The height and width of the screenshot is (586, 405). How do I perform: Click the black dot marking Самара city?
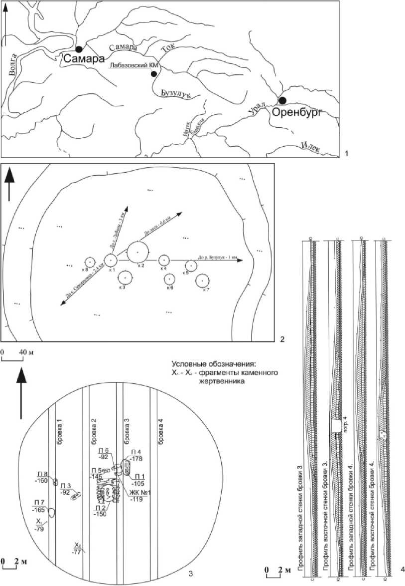(79, 49)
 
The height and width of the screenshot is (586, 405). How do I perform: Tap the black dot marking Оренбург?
(282, 100)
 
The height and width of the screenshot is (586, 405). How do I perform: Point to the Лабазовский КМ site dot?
(154, 74)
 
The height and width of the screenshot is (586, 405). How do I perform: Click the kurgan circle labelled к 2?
(137, 252)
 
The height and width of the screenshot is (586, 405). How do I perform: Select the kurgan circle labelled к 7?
(202, 281)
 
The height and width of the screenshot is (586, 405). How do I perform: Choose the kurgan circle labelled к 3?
(125, 278)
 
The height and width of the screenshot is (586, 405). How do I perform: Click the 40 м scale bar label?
(25, 352)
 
